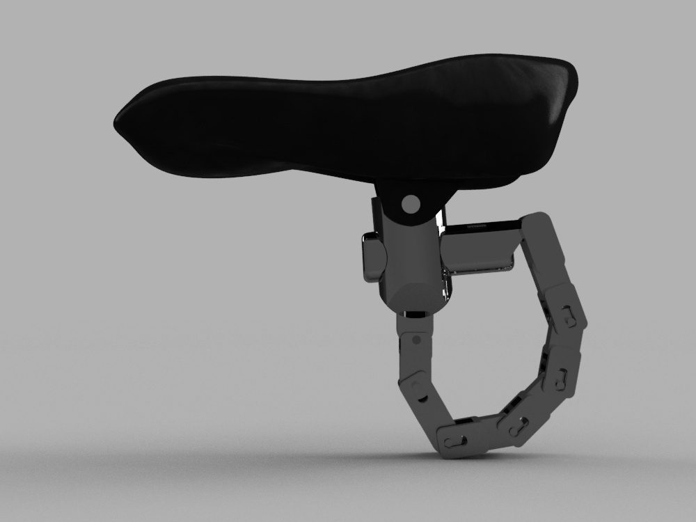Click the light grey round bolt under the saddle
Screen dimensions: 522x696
click(411, 203)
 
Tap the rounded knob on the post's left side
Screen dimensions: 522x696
click(373, 258)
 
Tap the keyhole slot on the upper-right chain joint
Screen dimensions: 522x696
click(569, 317)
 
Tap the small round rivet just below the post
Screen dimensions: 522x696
click(416, 340)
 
